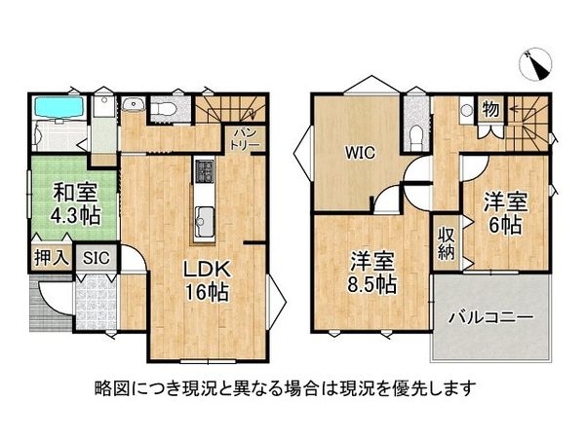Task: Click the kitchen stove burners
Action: pyautogui.click(x=205, y=172)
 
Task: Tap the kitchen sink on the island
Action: pyautogui.click(x=205, y=216)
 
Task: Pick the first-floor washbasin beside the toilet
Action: pyautogui.click(x=136, y=108)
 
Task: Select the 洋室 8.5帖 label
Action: pyautogui.click(x=371, y=273)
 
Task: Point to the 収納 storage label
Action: pyautogui.click(x=447, y=242)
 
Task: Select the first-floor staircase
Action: pyautogui.click(x=233, y=108)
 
